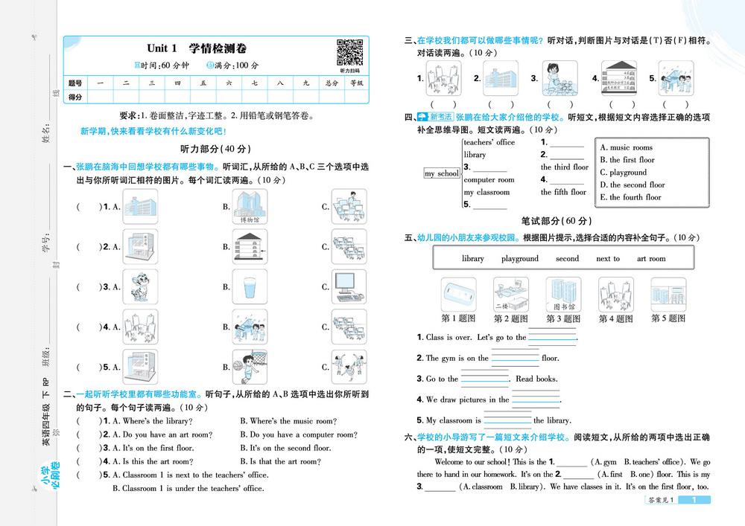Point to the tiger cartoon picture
pos(139,286)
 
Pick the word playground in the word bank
pos(520,259)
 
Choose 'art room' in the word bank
pos(651,259)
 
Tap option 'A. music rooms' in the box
pos(627,147)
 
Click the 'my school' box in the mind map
pos(442,173)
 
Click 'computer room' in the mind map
pos(489,180)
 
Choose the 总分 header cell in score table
pos(332,83)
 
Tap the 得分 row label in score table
pos(75,97)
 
